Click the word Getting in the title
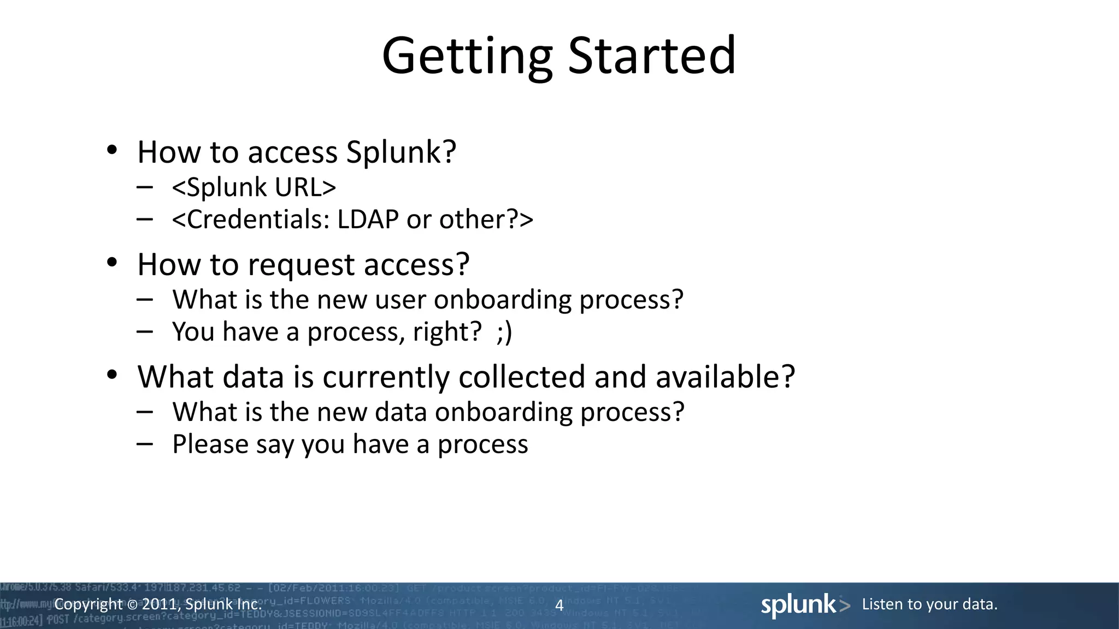pyautogui.click(x=467, y=56)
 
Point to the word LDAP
pyautogui.click(x=368, y=219)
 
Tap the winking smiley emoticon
pyautogui.click(x=504, y=333)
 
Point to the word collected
pyautogui.click(x=522, y=377)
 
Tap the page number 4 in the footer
pyautogui.click(x=559, y=605)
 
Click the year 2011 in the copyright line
pyautogui.click(x=159, y=604)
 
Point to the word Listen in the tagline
pyautogui.click(x=881, y=604)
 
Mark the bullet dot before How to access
pyautogui.click(x=112, y=150)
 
